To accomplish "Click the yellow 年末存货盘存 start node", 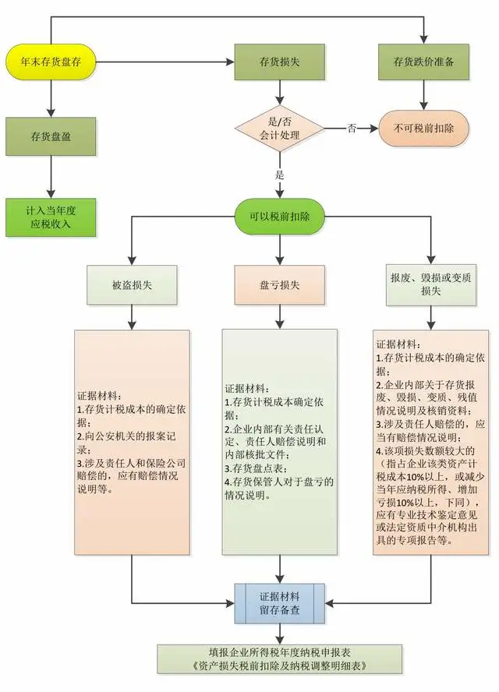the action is [51, 62].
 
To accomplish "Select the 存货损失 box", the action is [280, 62].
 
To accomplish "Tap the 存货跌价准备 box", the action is [423, 62].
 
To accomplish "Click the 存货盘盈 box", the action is [51, 136].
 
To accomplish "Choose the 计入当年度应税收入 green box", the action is [51, 217].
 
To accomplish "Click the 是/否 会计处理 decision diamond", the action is [280, 129].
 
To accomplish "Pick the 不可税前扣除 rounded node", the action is [423, 129].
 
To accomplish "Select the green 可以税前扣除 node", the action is [280, 217].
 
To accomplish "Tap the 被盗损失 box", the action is [132, 285].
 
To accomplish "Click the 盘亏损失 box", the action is [280, 285].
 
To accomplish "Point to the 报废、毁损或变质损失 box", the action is [431, 285].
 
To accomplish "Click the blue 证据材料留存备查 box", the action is [280, 603].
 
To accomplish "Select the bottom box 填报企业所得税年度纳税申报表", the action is [280, 659].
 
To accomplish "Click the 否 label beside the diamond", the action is [352, 129].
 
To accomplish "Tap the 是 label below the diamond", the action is [280, 175].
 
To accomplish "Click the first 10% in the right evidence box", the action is [414, 477].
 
